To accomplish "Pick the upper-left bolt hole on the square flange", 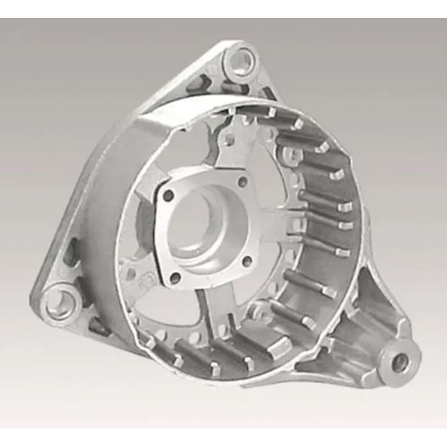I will coord(168,196).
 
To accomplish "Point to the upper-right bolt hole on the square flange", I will coord(242,182).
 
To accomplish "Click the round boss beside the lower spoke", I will coord(258,312).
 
